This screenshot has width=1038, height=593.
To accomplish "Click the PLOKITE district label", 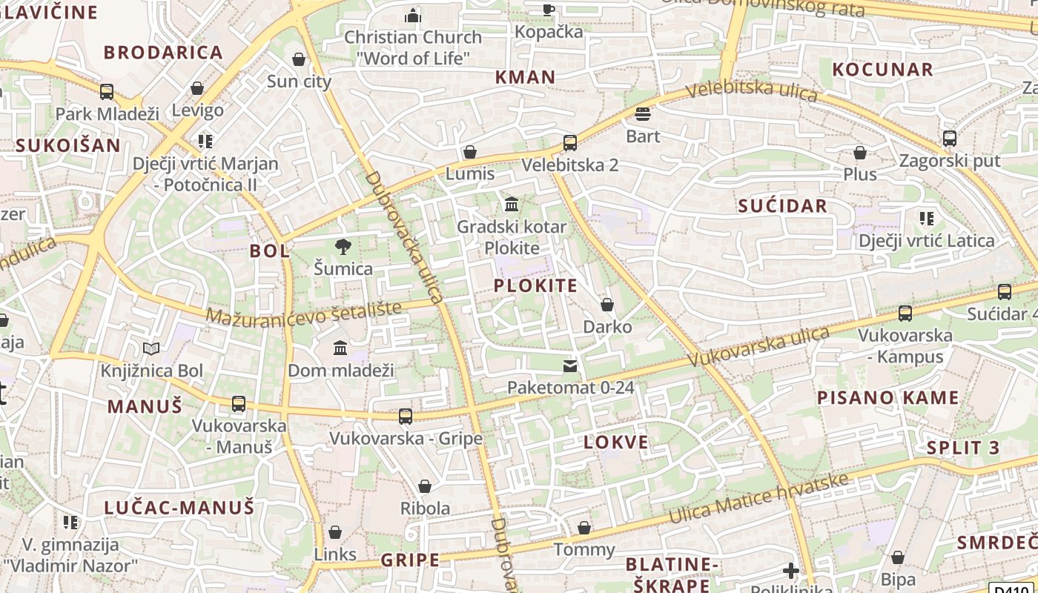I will point(535,286).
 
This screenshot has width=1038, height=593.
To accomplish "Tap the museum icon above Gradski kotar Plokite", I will point(512,204).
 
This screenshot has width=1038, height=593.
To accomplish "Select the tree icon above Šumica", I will point(343,246).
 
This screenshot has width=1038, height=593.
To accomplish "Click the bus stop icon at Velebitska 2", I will point(569,143).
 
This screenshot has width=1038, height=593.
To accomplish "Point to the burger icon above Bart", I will point(643,114).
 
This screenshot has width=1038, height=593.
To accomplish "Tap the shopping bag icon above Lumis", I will point(469,152).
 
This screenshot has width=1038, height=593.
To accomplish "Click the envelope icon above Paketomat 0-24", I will point(570,365).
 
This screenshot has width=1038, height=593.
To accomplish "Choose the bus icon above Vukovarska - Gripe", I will point(406,416).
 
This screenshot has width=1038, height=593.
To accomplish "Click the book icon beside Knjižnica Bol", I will point(151,348).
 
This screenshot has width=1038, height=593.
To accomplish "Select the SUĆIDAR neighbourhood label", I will point(782,206).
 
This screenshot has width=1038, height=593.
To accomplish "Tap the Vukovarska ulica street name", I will point(759,346).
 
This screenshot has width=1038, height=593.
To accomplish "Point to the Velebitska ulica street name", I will point(751,91).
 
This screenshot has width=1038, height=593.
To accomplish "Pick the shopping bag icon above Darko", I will point(607,305).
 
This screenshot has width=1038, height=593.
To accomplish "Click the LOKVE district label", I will point(616,443).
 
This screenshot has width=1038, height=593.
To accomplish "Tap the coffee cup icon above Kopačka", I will point(548,9).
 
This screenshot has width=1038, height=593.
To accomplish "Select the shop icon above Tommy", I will point(584,528).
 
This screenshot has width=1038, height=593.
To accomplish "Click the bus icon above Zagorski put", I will point(949,139).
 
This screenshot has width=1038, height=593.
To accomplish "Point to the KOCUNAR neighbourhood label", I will point(882,70).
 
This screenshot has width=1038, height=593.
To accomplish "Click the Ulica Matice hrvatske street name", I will point(758,499).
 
